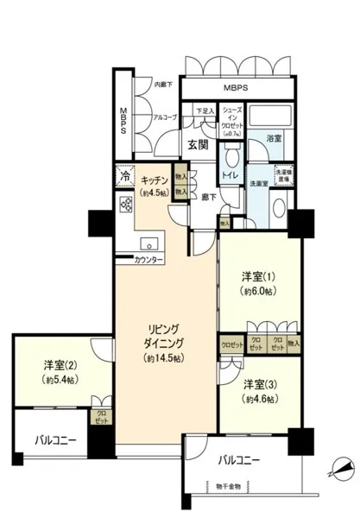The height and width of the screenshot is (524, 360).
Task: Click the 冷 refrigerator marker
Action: [126, 180]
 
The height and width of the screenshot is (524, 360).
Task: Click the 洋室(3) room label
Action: [259, 384]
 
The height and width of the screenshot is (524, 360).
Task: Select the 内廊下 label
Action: [163, 84]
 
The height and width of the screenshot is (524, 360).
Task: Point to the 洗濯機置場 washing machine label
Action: [283, 174]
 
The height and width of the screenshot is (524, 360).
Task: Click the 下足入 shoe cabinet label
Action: [204, 110]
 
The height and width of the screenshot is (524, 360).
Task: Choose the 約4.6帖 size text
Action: [259, 400]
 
